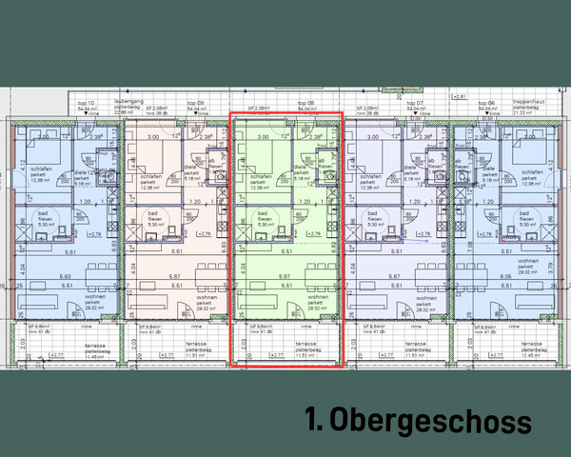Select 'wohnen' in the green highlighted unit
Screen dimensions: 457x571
pos(318,297)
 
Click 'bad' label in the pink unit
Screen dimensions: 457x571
pos(154,213)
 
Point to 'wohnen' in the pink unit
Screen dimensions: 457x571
pos(207,297)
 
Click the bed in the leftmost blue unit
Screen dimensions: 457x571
pos(46,152)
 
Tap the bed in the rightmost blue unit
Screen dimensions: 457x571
pos(526,152)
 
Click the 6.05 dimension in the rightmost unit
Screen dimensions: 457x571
pos(504,276)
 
